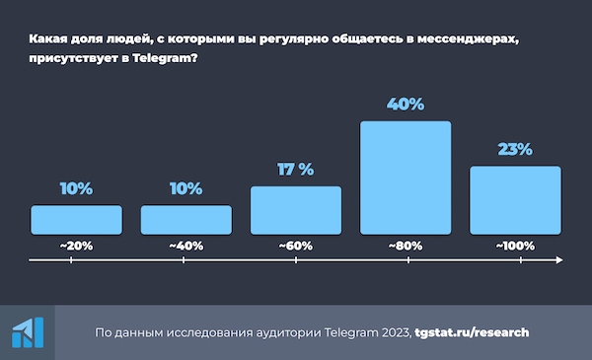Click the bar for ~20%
(x=76, y=219)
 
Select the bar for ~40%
(x=185, y=219)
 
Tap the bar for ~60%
(x=296, y=210)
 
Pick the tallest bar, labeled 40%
(x=406, y=178)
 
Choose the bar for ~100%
(x=515, y=199)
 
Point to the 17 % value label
(x=295, y=170)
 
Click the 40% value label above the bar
(x=406, y=104)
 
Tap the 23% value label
(x=514, y=149)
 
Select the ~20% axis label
(x=76, y=244)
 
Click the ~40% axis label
(x=185, y=244)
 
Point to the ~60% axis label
(x=296, y=244)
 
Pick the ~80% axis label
(x=406, y=244)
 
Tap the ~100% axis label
(x=514, y=244)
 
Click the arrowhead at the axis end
(x=559, y=261)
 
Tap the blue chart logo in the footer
(x=27, y=332)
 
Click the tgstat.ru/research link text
(x=472, y=332)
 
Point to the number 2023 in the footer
(x=392, y=332)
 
